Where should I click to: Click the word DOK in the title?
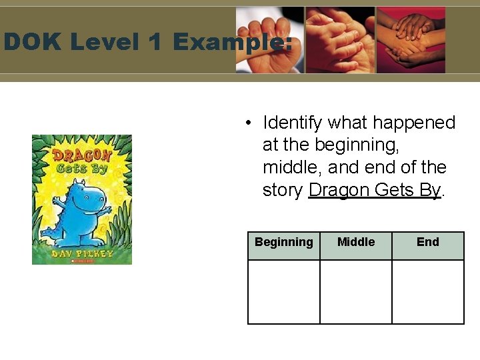[x=31, y=43]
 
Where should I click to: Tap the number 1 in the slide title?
[x=155, y=43]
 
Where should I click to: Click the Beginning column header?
[x=283, y=243]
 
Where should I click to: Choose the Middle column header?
[x=356, y=242]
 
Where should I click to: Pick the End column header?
[x=428, y=242]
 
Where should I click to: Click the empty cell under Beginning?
[x=284, y=291]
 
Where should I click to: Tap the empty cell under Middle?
[x=356, y=291]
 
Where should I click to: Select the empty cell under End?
[x=428, y=291]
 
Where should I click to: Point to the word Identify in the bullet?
[x=293, y=123]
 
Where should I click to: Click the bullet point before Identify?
[x=247, y=123]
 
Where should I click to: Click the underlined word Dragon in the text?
[x=339, y=190]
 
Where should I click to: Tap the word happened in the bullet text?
[x=414, y=123]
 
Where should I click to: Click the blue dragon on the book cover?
[x=78, y=207]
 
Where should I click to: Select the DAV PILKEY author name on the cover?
[x=81, y=254]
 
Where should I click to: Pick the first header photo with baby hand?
[x=270, y=40]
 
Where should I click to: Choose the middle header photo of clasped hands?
[x=340, y=40]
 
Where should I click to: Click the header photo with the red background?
[x=411, y=40]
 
